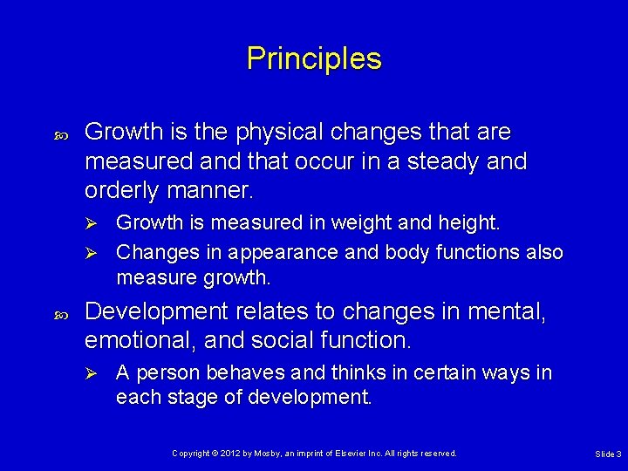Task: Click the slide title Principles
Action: (314, 58)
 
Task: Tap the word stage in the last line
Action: (196, 399)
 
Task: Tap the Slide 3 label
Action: (608, 454)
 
